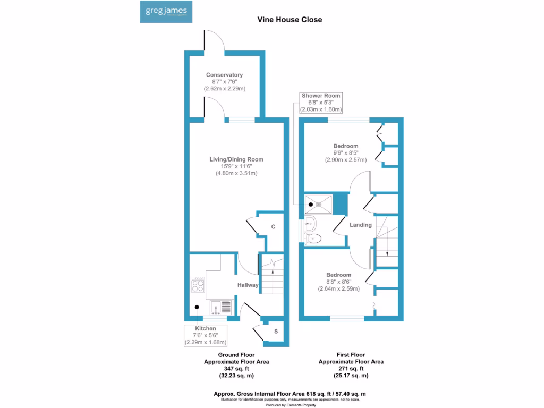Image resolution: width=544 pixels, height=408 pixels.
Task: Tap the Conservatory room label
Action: [225, 75]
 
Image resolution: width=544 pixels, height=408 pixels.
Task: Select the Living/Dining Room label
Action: [236, 159]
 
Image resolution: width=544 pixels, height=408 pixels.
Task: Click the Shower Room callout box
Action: [320, 103]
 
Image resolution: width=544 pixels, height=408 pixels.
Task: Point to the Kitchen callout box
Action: [206, 336]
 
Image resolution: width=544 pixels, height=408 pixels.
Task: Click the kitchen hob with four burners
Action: [198, 285]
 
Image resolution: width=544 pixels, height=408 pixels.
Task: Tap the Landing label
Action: [360, 225]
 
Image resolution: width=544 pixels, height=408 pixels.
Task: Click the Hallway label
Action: [248, 285]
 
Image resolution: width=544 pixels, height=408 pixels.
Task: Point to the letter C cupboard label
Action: [273, 227]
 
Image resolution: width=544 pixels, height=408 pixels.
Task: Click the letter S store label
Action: [275, 331]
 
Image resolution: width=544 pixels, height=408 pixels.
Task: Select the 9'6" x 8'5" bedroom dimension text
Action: [345, 152]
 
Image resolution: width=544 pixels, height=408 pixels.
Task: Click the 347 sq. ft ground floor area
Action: [236, 368]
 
